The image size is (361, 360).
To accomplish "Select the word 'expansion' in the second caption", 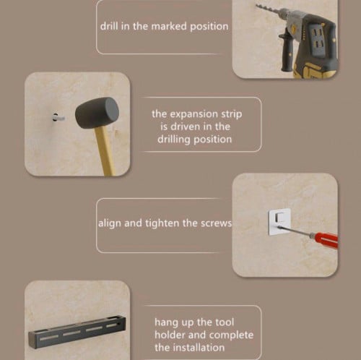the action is point(194,114).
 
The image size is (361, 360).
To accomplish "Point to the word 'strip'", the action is point(231,114).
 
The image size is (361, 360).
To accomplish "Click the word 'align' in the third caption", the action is point(110,223).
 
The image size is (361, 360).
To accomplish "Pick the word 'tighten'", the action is point(162,223).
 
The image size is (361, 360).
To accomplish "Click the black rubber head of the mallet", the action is point(97,113).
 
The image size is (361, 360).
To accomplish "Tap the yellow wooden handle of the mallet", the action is point(105,150).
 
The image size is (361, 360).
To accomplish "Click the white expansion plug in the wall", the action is point(58,118).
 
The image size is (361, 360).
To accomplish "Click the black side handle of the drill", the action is point(285,52).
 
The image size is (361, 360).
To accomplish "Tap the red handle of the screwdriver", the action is point(324,239).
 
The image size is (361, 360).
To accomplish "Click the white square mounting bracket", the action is point(279,222).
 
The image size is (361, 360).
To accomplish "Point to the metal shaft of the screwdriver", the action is point(294,231).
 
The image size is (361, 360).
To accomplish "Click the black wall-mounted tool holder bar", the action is point(77,331).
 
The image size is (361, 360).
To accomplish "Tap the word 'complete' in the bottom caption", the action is point(231,335).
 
